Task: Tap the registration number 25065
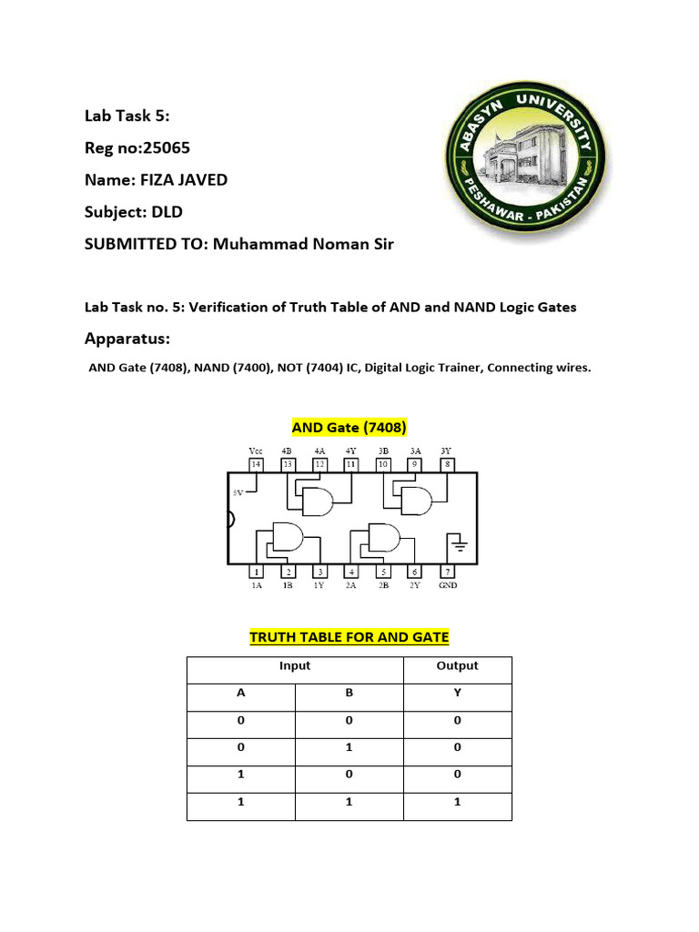(x=167, y=148)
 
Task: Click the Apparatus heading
(x=127, y=339)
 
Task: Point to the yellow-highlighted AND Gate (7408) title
(x=349, y=427)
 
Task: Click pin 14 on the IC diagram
(x=256, y=464)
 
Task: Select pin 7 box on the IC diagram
(x=447, y=572)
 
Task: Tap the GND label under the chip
(x=448, y=586)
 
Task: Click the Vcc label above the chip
(x=256, y=451)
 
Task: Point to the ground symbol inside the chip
(x=457, y=546)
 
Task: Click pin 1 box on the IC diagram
(x=257, y=572)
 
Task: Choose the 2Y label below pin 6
(x=414, y=586)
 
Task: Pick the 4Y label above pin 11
(x=350, y=451)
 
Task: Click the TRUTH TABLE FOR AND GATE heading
(x=349, y=637)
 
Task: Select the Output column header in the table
(x=457, y=666)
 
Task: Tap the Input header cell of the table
(x=295, y=666)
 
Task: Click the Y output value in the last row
(x=457, y=803)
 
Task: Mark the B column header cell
(x=349, y=693)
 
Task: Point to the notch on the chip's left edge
(x=231, y=521)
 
